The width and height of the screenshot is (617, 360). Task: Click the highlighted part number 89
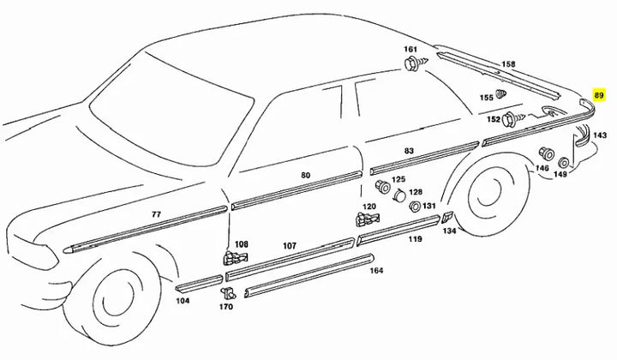[599, 95]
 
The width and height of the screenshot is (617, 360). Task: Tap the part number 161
[410, 50]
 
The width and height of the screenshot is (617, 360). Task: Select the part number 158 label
[508, 64]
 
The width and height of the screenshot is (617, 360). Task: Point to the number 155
[487, 99]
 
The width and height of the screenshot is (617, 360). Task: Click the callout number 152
[494, 119]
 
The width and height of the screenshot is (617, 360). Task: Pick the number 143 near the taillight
[600, 135]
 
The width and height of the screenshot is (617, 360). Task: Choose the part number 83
[409, 151]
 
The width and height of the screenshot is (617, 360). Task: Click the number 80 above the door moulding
[306, 175]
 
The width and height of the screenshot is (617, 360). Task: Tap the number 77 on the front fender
[156, 213]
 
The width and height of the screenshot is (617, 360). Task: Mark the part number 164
[376, 270]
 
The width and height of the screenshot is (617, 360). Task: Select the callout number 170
[226, 307]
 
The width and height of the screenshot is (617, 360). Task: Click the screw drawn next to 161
[411, 65]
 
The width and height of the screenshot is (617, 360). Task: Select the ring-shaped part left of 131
[416, 207]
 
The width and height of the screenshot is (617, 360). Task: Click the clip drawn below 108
[231, 257]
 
